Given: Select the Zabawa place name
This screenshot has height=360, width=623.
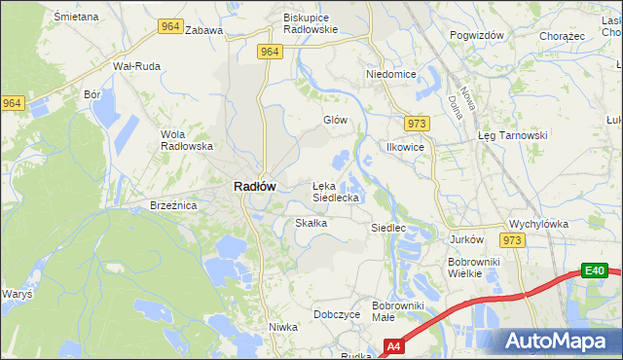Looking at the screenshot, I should click(203, 30).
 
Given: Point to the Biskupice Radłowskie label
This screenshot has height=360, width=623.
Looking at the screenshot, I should click(310, 23).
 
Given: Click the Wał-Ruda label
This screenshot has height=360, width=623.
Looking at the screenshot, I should click(136, 66).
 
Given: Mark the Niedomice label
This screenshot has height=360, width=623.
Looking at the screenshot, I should click(391, 74).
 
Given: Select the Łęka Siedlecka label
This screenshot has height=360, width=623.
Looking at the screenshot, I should click(336, 191).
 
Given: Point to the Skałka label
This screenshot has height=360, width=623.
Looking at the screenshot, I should click(311, 223).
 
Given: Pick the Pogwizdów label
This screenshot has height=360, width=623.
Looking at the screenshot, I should click(477, 35).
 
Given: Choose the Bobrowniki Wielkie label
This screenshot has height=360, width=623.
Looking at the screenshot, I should click(473, 268).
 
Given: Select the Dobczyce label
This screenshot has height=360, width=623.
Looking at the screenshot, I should click(338, 314).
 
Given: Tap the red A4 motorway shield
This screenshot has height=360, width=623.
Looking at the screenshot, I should click(394, 345).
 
